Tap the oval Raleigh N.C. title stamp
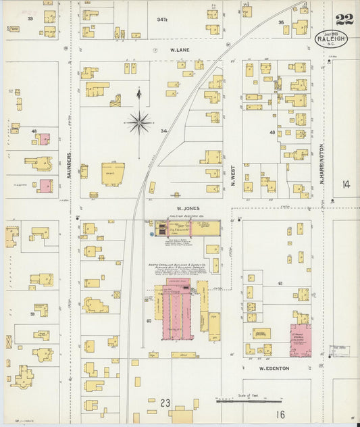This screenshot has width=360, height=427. pos(331,39)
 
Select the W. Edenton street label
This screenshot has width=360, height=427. pos(274,368)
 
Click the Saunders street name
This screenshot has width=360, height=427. pos(70,164)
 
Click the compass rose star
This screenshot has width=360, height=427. pos(139,122)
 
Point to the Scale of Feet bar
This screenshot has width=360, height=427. pos(249,401)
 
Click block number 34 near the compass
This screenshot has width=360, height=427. pos(163,131)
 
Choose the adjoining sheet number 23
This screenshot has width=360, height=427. pos(165,403)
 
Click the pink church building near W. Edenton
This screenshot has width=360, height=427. pos(301,340)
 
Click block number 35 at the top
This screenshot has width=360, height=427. pos(280,22)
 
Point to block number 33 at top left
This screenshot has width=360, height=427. pos(30,18)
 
